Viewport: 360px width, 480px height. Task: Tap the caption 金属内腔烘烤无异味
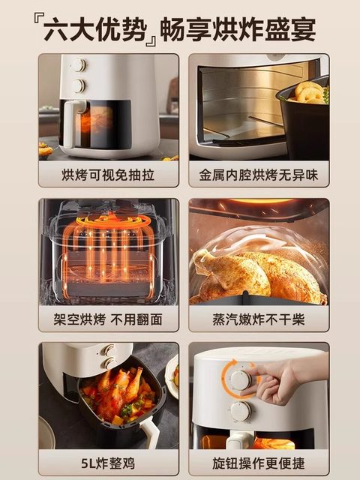(x=259, y=175)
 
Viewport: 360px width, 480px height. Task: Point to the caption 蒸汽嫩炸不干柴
(x=259, y=319)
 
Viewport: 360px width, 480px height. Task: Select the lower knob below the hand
(x=240, y=410)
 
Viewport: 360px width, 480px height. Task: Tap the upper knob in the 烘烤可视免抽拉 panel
(x=79, y=66)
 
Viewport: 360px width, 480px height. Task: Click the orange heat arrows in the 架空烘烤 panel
(x=109, y=240)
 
